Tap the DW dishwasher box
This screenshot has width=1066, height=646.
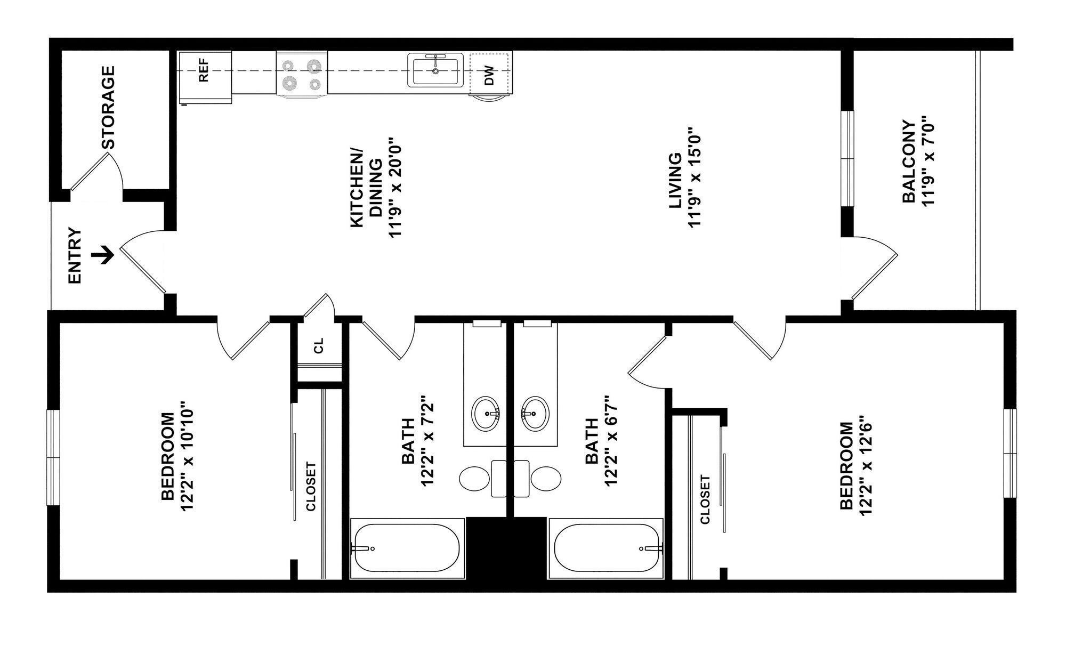click(x=489, y=76)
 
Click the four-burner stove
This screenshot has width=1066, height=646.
click(x=302, y=75)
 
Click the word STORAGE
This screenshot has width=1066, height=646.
click(x=108, y=107)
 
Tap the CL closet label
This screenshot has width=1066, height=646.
click(x=319, y=346)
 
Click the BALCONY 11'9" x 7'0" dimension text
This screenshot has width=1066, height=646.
click(x=928, y=161)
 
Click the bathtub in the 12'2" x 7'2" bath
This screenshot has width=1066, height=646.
click(x=406, y=548)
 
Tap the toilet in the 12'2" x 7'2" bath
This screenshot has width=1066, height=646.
click(x=474, y=478)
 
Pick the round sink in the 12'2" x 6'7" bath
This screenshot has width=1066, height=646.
click(x=535, y=414)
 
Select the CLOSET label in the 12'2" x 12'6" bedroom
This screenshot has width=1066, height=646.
click(x=705, y=499)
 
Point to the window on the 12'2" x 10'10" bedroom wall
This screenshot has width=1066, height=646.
click(x=53, y=457)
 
